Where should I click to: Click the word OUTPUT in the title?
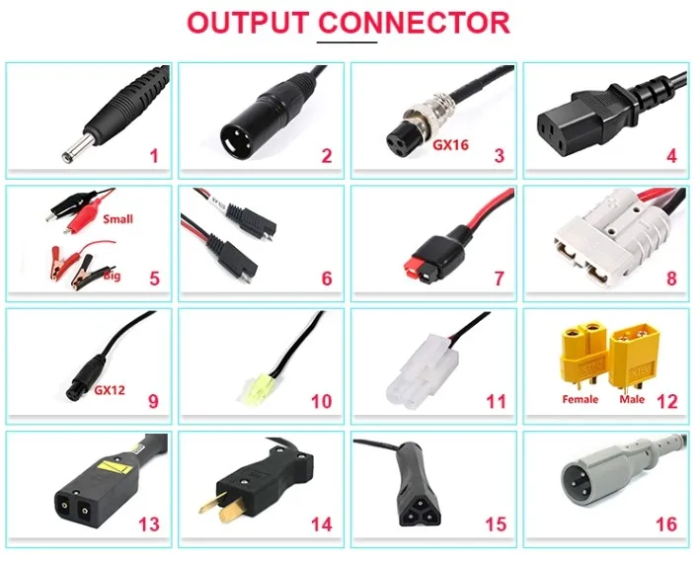pyautogui.click(x=248, y=23)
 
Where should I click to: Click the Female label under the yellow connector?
pyautogui.click(x=581, y=400)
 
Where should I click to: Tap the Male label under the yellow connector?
pyautogui.click(x=633, y=400)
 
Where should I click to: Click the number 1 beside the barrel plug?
pyautogui.click(x=153, y=155)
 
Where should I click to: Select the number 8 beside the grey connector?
pyautogui.click(x=671, y=278)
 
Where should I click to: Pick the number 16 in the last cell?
pyautogui.click(x=666, y=524)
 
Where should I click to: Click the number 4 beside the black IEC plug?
pyautogui.click(x=671, y=155)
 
